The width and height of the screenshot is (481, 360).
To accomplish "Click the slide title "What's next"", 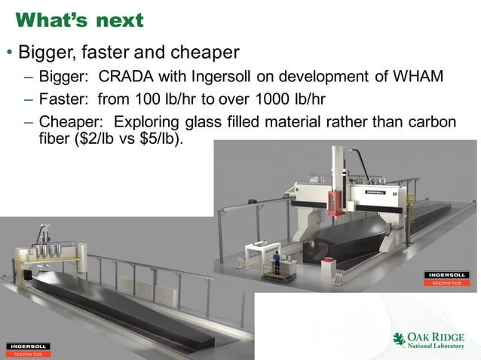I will pos(79,20).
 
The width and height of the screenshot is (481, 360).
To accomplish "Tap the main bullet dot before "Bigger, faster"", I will pos(9,54).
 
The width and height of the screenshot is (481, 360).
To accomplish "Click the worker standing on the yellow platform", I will pos(277,261).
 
